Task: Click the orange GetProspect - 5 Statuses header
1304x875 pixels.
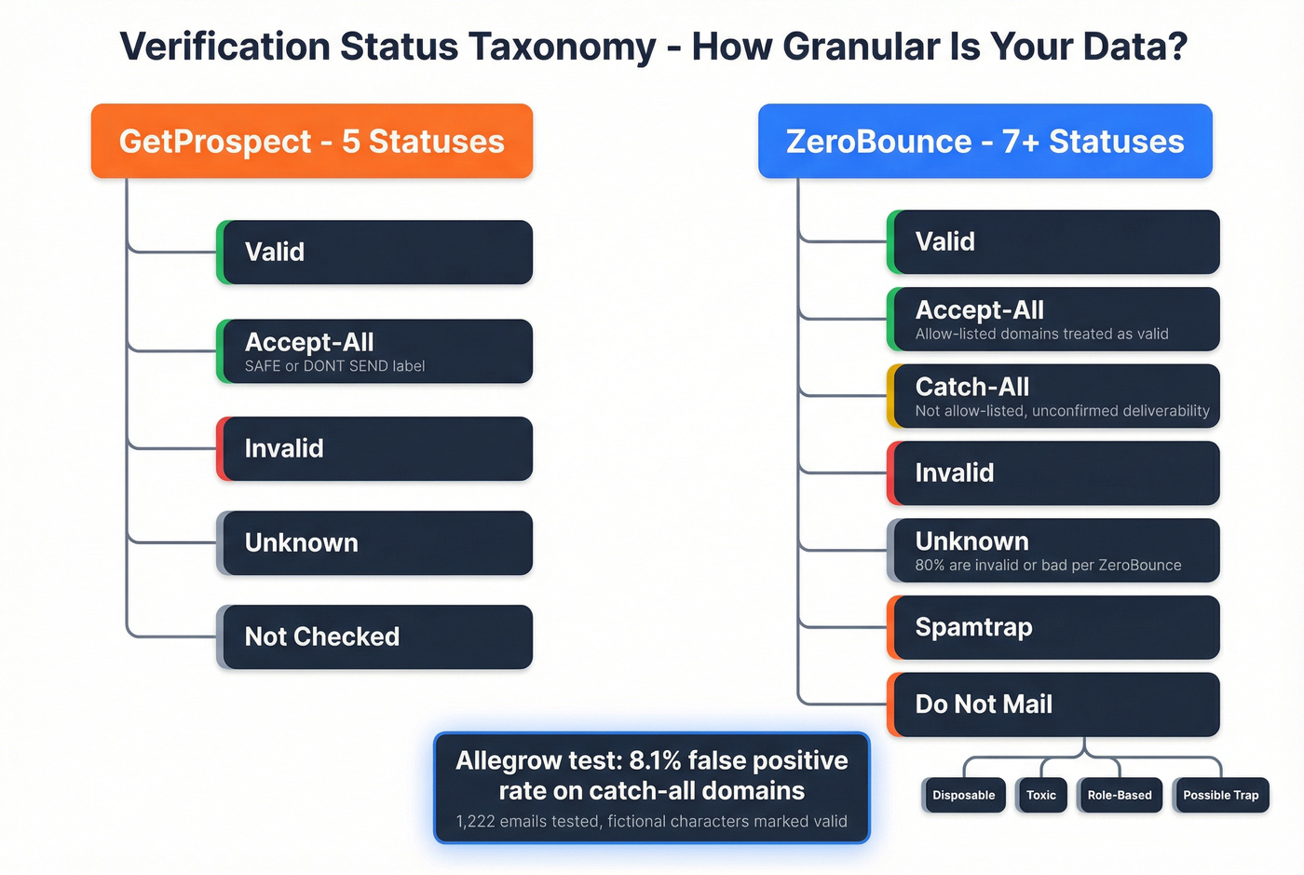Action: (311, 141)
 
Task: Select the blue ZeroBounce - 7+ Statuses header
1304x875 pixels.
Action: (985, 141)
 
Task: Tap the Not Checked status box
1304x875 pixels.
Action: (375, 636)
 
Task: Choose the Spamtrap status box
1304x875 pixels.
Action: (1053, 627)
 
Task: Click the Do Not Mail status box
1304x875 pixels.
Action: (1053, 704)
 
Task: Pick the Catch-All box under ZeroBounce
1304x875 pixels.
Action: (1053, 396)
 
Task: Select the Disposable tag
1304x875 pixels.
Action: (964, 795)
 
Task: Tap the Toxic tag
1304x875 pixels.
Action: (1041, 795)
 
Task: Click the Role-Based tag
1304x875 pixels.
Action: (1120, 795)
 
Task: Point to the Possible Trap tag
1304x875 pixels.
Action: (1220, 795)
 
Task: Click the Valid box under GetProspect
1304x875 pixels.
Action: (375, 252)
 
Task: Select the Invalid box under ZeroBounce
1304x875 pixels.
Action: (1053, 472)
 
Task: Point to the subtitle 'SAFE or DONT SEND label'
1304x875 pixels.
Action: (334, 366)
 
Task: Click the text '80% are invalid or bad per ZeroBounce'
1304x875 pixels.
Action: (1048, 565)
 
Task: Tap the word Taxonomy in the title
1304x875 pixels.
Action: (562, 46)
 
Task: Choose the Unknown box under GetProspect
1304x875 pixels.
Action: (375, 542)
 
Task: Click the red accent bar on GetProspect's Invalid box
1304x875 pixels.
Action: (220, 448)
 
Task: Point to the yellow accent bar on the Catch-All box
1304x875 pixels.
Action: (891, 396)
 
